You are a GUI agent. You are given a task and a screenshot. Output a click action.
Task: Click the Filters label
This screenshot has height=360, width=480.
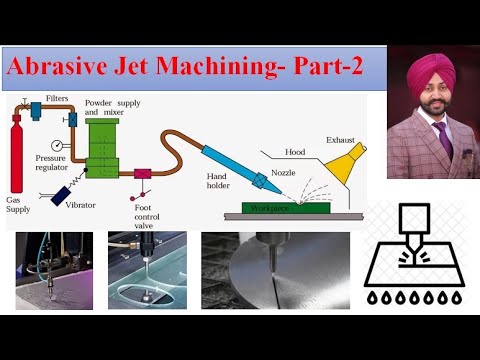57,99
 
